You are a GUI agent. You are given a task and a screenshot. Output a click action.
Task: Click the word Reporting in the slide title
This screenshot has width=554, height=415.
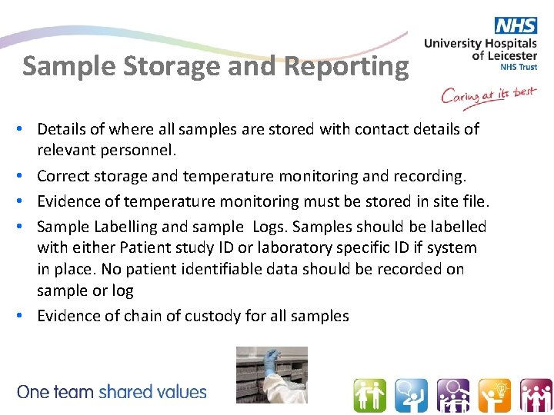346,67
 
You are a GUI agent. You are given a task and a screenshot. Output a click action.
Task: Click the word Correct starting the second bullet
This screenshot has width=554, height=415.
63,176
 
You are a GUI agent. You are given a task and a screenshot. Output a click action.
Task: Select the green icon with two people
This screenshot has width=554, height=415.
369,396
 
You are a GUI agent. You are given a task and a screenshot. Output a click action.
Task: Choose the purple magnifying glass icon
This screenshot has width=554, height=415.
452,396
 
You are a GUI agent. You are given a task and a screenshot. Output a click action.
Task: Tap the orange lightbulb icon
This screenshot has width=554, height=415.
494,396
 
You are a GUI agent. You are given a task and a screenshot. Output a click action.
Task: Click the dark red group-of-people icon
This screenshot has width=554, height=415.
536,396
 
